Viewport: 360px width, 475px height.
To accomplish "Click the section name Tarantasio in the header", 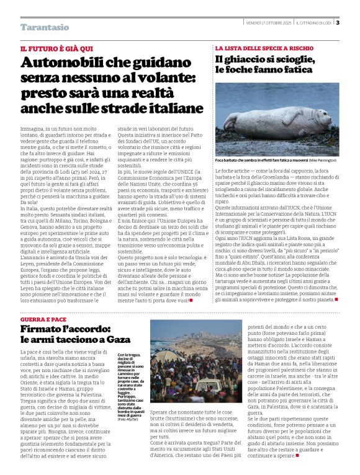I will point(45,27).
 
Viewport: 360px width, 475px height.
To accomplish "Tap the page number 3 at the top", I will point(338,23).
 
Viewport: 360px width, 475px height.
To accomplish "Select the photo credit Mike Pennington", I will point(323,161).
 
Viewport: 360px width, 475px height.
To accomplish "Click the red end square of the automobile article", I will point(191,300).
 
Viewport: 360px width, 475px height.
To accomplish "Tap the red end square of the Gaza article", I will point(297,456).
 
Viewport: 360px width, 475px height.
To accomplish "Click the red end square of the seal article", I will point(336,300).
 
